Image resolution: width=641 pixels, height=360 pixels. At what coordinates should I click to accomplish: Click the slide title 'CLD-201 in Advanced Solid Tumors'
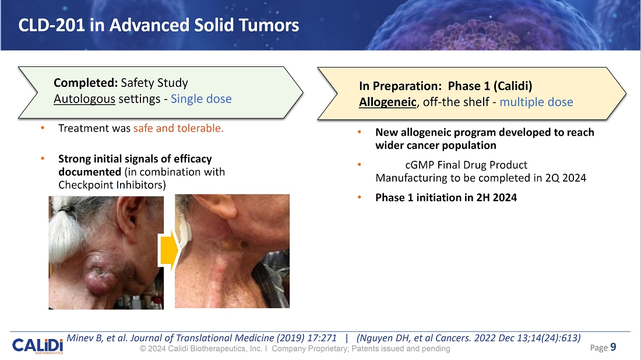pos(159,25)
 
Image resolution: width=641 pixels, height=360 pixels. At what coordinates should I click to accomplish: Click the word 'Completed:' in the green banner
pos(86,83)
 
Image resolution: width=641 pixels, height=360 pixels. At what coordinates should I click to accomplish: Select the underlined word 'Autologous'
pos(84,99)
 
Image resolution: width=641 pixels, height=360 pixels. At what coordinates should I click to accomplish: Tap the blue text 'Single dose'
pos(201,99)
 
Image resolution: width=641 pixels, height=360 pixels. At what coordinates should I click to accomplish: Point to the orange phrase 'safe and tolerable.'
pos(178,128)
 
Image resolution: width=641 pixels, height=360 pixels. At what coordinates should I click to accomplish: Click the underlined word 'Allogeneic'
pos(388,102)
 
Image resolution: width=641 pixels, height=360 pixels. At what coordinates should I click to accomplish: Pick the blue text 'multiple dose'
pos(536,102)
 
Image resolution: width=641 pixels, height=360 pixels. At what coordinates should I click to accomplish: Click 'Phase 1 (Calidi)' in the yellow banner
pos(490,86)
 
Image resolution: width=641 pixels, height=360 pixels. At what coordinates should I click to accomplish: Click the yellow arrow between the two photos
pos(169,250)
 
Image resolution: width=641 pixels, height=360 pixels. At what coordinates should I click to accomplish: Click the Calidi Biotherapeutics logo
pos(38,345)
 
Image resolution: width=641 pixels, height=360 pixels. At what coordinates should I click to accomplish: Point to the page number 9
pos(613,347)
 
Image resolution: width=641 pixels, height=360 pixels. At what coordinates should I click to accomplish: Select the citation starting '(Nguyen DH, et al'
pos(469,338)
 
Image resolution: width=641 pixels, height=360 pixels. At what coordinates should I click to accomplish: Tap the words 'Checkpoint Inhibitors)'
pos(112,185)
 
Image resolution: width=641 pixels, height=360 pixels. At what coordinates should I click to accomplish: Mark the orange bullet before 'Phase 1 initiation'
pos(360,197)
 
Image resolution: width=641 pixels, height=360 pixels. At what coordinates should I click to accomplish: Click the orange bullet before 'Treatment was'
pos(43,128)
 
